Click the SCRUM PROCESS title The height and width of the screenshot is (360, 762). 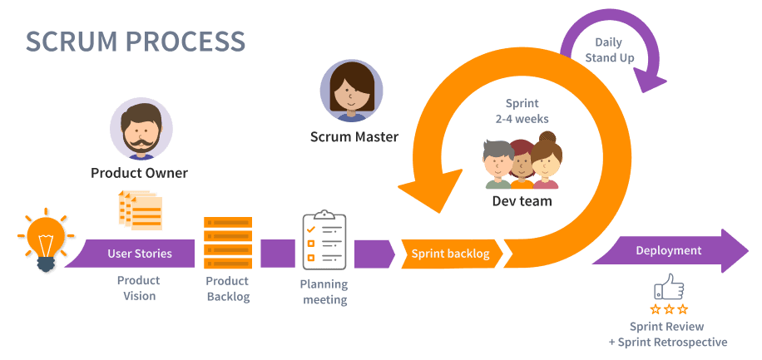[135, 41]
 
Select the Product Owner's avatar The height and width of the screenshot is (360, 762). [141, 130]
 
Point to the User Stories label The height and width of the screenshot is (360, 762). [140, 253]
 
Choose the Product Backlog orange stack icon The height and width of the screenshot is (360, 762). [228, 241]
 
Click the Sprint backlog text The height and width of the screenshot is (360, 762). [450, 254]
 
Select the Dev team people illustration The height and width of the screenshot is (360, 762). [522, 163]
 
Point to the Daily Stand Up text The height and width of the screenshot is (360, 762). [615, 50]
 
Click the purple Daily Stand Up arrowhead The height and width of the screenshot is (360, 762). [650, 80]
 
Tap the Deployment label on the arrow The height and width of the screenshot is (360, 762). [668, 250]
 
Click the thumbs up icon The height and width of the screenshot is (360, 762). [670, 288]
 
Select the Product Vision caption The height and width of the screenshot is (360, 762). [138, 288]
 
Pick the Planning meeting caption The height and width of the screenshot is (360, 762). [324, 291]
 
